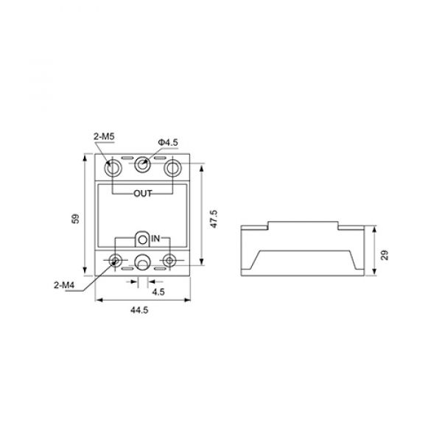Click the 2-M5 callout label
point(104,137)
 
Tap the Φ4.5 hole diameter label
point(168,142)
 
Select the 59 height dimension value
point(76,219)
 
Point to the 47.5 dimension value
point(214,219)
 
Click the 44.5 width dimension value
point(139,310)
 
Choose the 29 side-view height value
point(385,255)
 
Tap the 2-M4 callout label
point(64,285)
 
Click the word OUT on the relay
point(143,193)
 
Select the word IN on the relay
point(155,239)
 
